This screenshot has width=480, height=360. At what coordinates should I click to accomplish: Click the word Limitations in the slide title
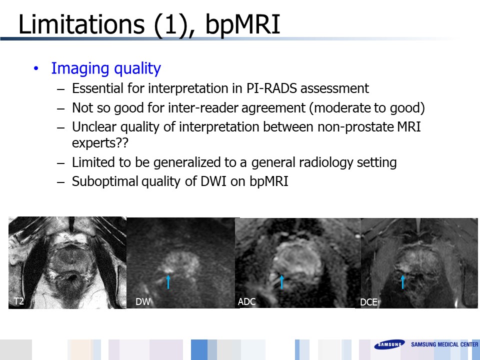click(x=81, y=24)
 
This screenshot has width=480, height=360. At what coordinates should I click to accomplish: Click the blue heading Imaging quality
click(x=106, y=68)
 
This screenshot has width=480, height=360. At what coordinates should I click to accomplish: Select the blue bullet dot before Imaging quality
click(x=36, y=68)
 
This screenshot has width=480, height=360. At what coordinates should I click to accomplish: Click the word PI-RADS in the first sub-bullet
click(x=271, y=88)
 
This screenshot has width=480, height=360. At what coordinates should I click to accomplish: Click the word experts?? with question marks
click(x=100, y=143)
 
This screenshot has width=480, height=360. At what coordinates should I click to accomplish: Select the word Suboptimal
click(x=105, y=181)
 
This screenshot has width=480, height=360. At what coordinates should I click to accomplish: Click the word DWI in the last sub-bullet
click(x=213, y=181)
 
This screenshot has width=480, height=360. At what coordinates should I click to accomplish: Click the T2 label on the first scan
click(x=18, y=301)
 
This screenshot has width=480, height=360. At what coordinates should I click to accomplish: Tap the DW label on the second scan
click(x=142, y=301)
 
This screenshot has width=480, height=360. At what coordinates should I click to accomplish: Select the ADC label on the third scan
click(x=246, y=301)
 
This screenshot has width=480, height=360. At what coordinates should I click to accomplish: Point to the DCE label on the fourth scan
click(x=368, y=302)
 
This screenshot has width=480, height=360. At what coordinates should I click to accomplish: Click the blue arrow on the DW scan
click(x=168, y=282)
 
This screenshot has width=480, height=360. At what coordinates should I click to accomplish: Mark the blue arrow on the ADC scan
click(x=281, y=282)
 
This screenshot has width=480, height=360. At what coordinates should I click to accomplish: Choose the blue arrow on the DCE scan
click(x=402, y=282)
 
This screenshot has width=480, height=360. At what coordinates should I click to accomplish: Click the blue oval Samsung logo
click(x=389, y=344)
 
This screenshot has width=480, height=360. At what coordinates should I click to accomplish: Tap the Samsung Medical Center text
click(x=444, y=344)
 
